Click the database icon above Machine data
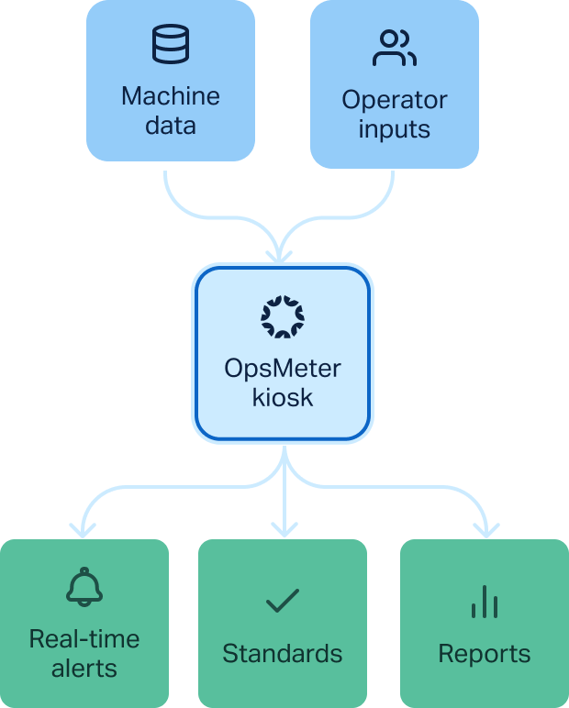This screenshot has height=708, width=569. (x=171, y=44)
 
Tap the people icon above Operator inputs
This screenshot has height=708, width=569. (x=394, y=48)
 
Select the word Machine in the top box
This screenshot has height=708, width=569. (x=171, y=96)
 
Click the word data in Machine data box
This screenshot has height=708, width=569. (x=171, y=125)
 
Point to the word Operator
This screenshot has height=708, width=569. (x=395, y=99)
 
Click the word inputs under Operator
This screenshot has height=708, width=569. (x=395, y=128)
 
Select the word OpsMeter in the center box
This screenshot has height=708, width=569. (x=283, y=369)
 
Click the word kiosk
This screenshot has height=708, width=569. (x=283, y=397)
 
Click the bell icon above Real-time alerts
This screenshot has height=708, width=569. (x=84, y=587)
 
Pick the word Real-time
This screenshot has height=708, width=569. (x=84, y=638)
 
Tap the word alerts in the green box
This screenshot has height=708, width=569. (x=84, y=668)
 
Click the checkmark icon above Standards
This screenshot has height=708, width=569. (x=283, y=601)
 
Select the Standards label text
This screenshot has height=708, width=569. (x=283, y=653)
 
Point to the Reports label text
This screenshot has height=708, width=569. (x=484, y=653)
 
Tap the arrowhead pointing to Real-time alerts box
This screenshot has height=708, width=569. (x=84, y=528)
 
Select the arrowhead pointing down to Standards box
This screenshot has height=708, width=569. (x=285, y=528)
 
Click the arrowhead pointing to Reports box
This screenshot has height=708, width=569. (x=485, y=528)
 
